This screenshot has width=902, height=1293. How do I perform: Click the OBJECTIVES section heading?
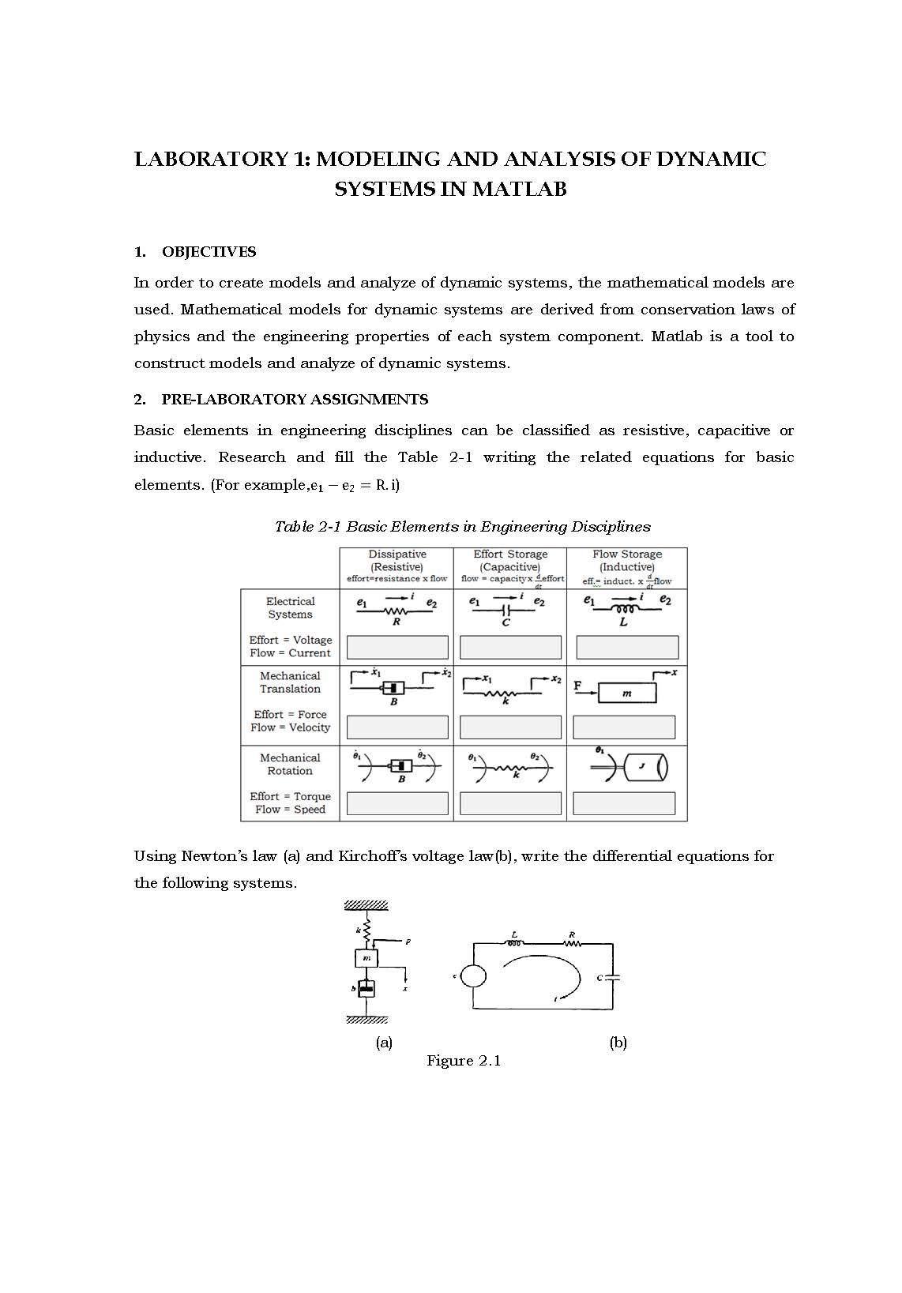coord(209,252)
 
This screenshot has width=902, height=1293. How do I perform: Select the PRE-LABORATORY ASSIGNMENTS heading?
coord(295,400)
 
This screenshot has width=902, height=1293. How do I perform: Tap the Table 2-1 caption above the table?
coord(462,527)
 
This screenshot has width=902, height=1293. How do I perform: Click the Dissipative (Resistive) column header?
coord(397,561)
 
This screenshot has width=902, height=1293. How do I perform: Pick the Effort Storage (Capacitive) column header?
coord(510,561)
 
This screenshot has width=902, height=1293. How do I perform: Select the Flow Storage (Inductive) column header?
coord(627,561)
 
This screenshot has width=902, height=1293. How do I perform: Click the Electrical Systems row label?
coord(290,607)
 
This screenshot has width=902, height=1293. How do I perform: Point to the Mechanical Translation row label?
coord(290,682)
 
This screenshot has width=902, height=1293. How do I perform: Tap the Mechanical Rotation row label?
coord(290,764)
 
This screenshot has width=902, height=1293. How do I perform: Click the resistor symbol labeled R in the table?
coord(396,611)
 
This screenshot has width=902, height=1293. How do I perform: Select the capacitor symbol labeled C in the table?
coord(507,611)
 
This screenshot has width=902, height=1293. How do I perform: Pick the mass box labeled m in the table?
coord(627,693)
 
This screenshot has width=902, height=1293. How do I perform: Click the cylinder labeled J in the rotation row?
coord(645,767)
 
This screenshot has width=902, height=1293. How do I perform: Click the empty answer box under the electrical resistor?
coord(397,648)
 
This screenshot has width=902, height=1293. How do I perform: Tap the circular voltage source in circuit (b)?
coord(473,976)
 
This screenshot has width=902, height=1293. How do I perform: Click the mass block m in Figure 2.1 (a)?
coord(366,958)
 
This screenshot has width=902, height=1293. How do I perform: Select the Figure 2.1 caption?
coord(464,1061)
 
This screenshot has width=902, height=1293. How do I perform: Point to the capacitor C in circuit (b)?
coord(612,978)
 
